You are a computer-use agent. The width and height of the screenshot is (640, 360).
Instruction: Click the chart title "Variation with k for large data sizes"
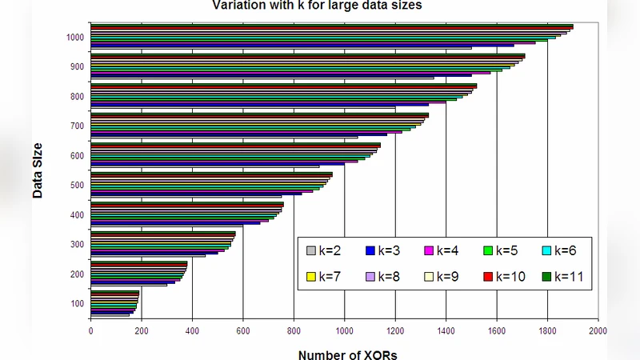point(316,6)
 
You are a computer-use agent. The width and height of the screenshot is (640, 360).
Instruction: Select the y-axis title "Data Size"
point(38,170)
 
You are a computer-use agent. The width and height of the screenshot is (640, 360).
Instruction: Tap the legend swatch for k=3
point(370,251)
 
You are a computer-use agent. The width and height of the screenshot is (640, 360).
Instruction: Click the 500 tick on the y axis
point(77,186)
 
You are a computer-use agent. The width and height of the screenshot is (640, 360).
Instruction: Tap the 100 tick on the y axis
point(77,303)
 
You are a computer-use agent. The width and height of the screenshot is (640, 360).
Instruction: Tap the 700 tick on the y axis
point(77,126)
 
